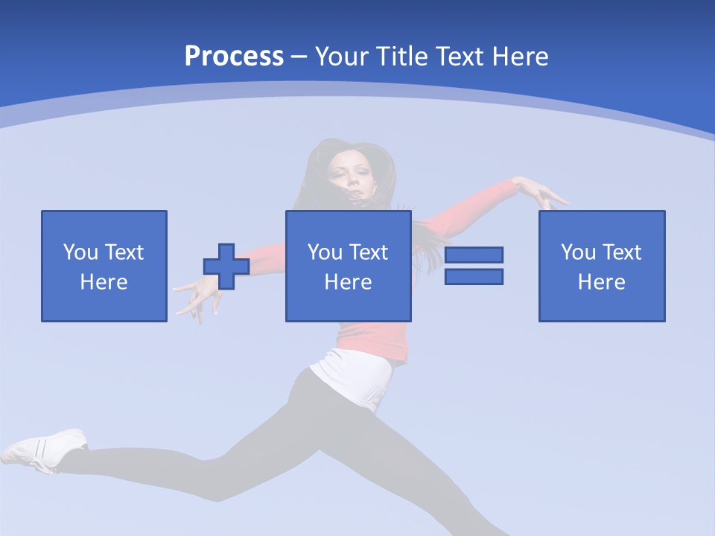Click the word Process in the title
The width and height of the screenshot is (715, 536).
click(234, 57)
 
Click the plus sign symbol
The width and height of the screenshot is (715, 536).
click(226, 267)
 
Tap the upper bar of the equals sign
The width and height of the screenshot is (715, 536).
click(474, 255)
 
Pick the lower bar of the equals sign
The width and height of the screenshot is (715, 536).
click(474, 276)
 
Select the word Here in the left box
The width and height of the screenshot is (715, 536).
click(104, 282)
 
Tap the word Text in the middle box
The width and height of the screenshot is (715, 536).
click(369, 252)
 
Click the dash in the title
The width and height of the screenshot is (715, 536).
click(299, 57)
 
